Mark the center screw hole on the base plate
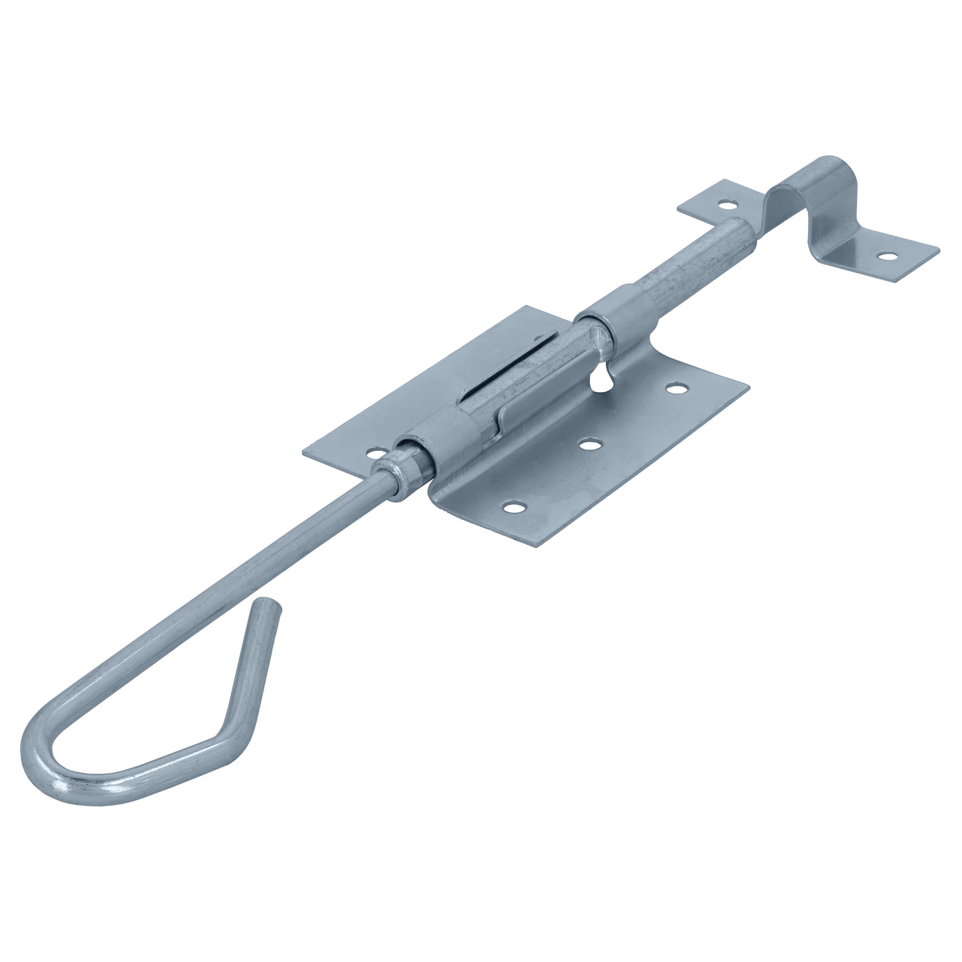590,442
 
